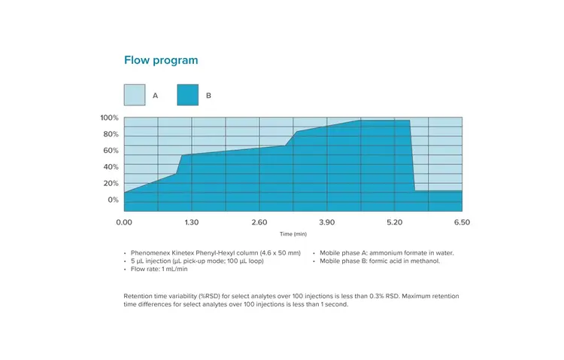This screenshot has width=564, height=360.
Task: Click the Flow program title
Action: (x=161, y=60)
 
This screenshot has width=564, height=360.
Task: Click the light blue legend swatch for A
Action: (x=134, y=95)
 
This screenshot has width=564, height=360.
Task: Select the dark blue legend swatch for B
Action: (x=187, y=95)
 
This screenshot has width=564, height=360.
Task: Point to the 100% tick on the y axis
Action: (x=109, y=117)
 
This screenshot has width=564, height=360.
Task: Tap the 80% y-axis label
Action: (x=111, y=134)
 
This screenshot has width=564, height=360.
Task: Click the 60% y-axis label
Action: (x=111, y=151)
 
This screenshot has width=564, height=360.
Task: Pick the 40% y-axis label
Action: (x=111, y=167)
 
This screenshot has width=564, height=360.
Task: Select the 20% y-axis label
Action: (x=111, y=184)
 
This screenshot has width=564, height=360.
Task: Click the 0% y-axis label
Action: (x=113, y=200)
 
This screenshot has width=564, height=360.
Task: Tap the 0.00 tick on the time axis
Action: (x=124, y=222)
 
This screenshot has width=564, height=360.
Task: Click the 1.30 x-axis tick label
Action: (x=192, y=222)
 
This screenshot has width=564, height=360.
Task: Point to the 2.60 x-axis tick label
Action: (x=259, y=222)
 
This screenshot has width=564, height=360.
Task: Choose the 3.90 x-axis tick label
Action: (x=327, y=222)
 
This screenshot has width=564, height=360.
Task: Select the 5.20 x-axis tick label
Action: (x=395, y=222)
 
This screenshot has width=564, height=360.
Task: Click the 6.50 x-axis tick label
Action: (x=462, y=222)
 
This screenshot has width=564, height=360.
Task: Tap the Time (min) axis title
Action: (x=293, y=234)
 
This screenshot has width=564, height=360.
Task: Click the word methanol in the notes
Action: (x=423, y=261)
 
